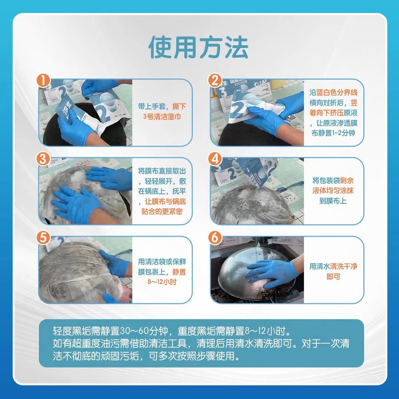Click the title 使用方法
pyautogui.click(x=199, y=47)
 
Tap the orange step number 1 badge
pyautogui.click(x=44, y=80)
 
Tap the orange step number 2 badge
pyautogui.click(x=215, y=80)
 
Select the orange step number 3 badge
pyautogui.click(x=44, y=159)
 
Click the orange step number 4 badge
pyautogui.click(x=215, y=159)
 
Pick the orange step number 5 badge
pyautogui.click(x=44, y=238)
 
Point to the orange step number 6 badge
pyautogui.click(x=215, y=238)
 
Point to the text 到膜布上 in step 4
pyautogui.click(x=333, y=201)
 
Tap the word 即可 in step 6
pyautogui.click(x=333, y=276)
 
